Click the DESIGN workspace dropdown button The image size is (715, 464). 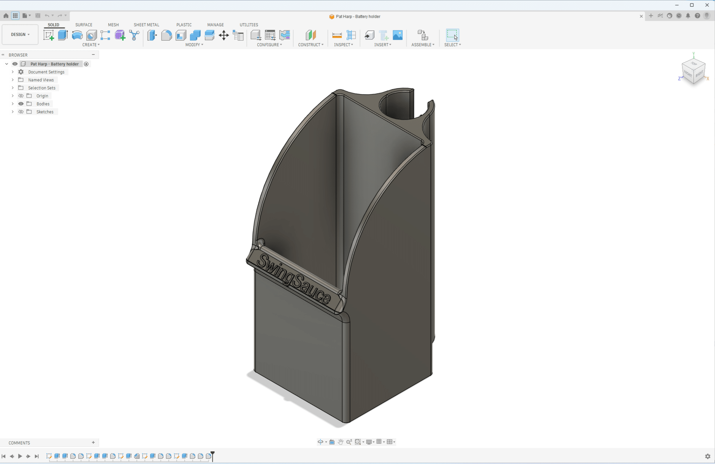(20, 35)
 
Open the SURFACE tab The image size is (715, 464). (84, 25)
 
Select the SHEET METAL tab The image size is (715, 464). (146, 25)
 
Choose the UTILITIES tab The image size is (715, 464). (249, 25)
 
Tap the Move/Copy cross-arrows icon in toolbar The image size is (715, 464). (224, 35)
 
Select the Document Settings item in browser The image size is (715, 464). (46, 72)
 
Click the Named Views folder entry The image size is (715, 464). (41, 80)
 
